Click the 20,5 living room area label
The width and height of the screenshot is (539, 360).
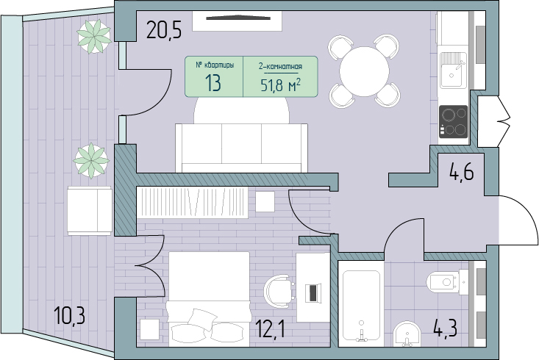[164, 29]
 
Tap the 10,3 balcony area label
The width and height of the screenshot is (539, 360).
[69, 315]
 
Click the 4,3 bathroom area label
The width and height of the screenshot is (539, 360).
[445, 329]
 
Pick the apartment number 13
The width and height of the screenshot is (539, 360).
[213, 83]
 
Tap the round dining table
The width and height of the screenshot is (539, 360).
[365, 71]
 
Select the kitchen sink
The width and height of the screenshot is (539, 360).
[454, 70]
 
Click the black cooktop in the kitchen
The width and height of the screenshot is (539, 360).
[454, 121]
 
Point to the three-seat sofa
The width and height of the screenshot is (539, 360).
[242, 148]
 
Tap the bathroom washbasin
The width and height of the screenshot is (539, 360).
[407, 334]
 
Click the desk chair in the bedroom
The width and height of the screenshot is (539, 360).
[279, 292]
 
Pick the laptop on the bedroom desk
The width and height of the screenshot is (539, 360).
[313, 292]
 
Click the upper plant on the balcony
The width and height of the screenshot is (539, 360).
[94, 37]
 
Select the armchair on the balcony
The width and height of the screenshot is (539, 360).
[90, 211]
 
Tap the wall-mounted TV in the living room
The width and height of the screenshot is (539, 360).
[238, 18]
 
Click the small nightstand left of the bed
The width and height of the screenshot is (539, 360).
[149, 329]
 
